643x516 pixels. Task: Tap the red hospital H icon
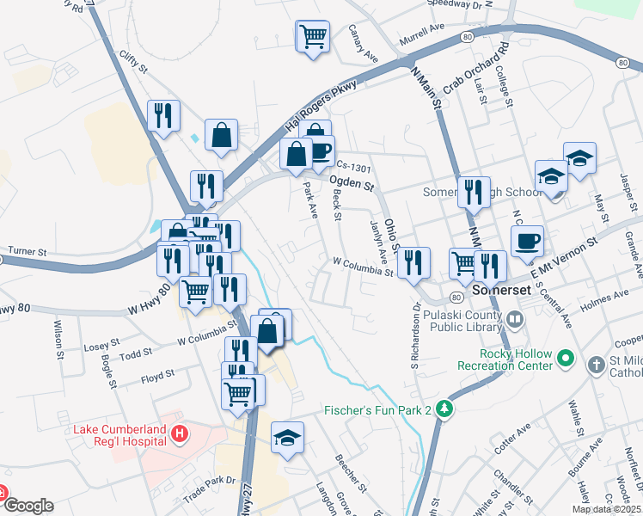(179, 434)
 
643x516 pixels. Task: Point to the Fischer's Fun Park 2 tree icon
(444, 410)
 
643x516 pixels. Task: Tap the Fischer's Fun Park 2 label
(377, 410)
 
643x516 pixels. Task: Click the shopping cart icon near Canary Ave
(313, 37)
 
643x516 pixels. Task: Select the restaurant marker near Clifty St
(163, 114)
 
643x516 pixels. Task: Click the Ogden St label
(352, 183)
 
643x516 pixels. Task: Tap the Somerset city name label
(502, 291)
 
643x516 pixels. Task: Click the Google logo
(28, 506)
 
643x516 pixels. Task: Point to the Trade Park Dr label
(209, 490)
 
